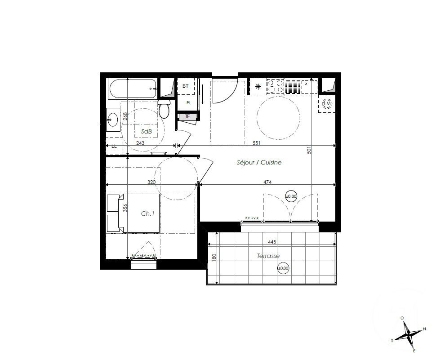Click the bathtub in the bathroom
(x=133, y=89)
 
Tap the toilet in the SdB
(x=164, y=109)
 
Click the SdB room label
(x=146, y=131)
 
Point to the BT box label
(x=186, y=85)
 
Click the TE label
(x=187, y=116)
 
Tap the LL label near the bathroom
(x=114, y=146)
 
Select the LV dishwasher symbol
(x=327, y=104)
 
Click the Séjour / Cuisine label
(x=259, y=163)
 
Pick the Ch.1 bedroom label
(x=148, y=214)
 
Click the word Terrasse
(x=268, y=256)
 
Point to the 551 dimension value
(x=256, y=142)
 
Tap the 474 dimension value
(x=267, y=182)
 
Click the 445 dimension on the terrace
(x=271, y=242)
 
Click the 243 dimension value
(x=140, y=142)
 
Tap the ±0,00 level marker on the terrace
(x=283, y=269)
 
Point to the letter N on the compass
(x=424, y=329)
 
